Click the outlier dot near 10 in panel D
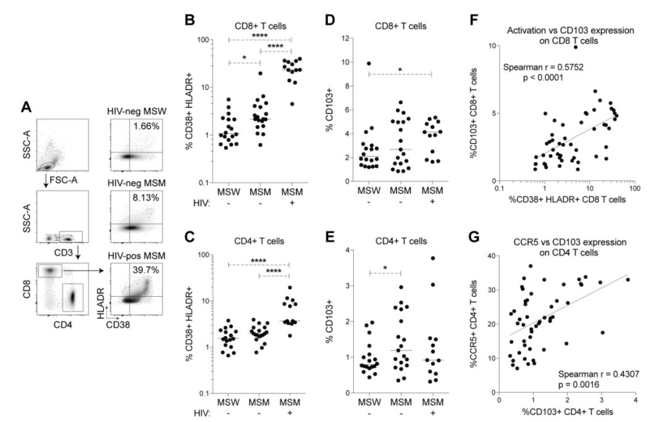(369, 63)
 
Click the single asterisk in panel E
(385, 268)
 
